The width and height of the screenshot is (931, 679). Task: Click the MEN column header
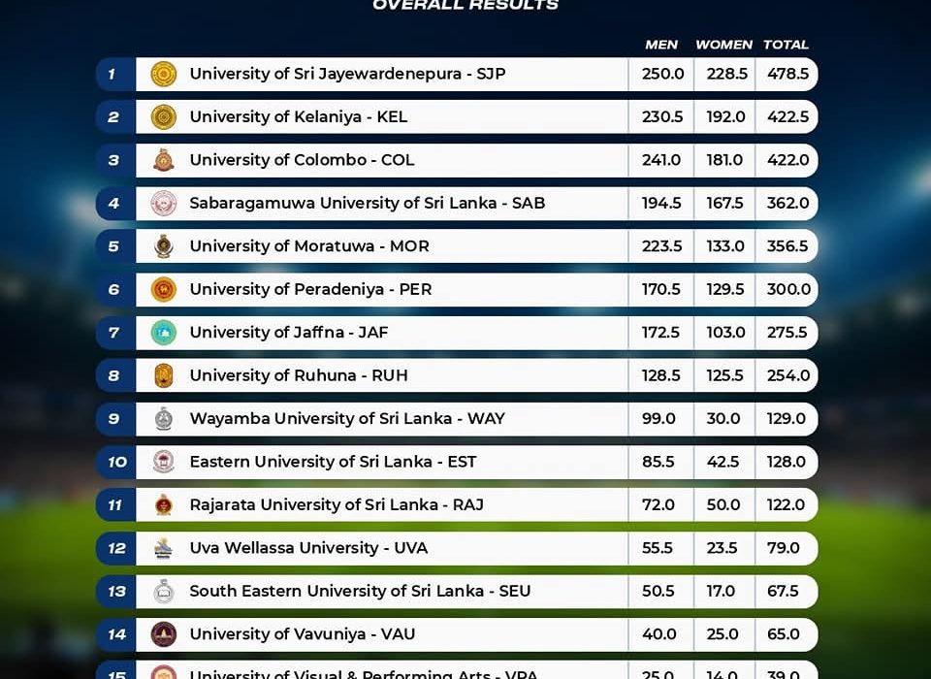pos(661,45)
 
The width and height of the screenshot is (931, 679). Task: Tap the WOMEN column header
pos(723,45)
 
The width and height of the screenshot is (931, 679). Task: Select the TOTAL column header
pos(786,45)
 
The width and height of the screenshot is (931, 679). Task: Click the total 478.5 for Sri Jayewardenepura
pos(787,74)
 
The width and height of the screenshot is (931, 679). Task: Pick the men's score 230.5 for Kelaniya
pos(662,117)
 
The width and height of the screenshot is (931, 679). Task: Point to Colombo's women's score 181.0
pos(725,160)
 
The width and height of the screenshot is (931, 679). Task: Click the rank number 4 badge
pos(114,204)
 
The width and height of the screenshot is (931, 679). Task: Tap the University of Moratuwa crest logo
pos(164,246)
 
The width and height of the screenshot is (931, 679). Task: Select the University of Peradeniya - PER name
pos(310,289)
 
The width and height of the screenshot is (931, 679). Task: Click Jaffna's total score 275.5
pos(787,333)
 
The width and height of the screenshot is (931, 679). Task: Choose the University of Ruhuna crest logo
pos(164,375)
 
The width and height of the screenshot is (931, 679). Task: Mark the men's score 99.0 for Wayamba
pos(659,419)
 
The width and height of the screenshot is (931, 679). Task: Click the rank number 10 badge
pos(116,462)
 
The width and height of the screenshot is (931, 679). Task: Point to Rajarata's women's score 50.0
pos(723,505)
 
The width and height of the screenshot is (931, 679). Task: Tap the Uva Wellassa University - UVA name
pos(308,548)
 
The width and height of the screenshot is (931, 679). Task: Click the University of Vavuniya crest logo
pos(164,634)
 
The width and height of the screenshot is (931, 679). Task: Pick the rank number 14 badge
pos(116,634)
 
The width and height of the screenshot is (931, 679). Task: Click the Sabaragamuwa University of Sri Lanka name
pos(367,204)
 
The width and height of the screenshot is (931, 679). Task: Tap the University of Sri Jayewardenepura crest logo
pos(164,74)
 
